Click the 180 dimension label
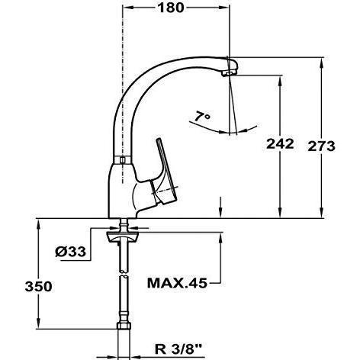(170, 8)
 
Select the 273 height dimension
(321, 146)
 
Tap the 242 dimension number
(280, 144)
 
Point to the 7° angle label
(203, 117)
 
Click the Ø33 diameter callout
(71, 252)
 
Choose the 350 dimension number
(38, 286)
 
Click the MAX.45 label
(177, 283)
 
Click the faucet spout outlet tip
(229, 73)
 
